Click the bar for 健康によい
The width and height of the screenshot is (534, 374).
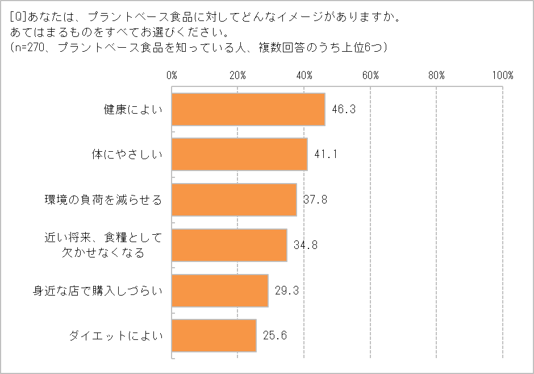click(x=248, y=109)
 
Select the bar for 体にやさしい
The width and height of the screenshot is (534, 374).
click(x=239, y=154)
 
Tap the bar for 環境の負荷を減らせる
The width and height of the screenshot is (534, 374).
click(x=234, y=200)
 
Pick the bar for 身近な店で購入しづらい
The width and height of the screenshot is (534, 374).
click(x=220, y=290)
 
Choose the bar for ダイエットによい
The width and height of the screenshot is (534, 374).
click(x=214, y=336)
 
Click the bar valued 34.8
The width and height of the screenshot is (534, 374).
click(x=229, y=245)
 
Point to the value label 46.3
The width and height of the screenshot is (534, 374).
click(x=343, y=109)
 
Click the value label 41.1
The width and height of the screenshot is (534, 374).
click(x=325, y=154)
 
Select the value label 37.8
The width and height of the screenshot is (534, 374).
click(x=315, y=200)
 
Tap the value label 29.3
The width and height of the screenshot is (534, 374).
click(x=286, y=290)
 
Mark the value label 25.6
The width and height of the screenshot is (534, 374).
click(x=274, y=336)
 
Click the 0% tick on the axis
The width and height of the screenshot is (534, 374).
click(x=172, y=76)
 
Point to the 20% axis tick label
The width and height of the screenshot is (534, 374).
click(x=237, y=76)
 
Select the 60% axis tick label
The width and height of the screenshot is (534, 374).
click(x=370, y=76)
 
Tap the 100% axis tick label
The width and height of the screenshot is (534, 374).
click(x=503, y=76)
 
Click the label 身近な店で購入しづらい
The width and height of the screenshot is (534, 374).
click(x=97, y=290)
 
